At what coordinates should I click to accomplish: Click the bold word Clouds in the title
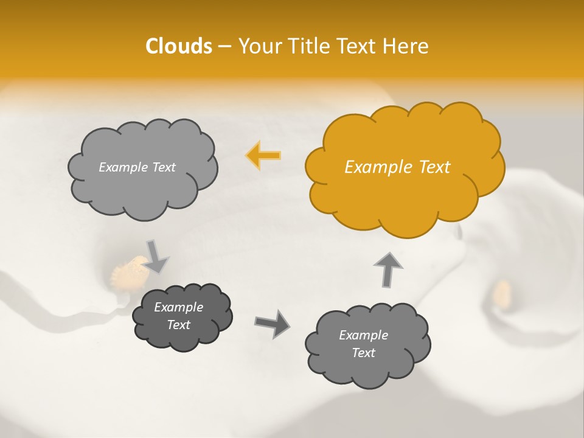[178, 46]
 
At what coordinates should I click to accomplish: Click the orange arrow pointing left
[263, 156]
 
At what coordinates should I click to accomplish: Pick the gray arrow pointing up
[388, 268]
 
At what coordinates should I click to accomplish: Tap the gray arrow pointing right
[272, 323]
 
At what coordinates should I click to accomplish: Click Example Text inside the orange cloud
[397, 167]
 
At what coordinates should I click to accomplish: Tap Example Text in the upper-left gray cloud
[137, 167]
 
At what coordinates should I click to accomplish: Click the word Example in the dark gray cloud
[178, 307]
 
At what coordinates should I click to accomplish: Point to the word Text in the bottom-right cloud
[363, 353]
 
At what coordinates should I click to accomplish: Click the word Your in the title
[256, 46]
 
